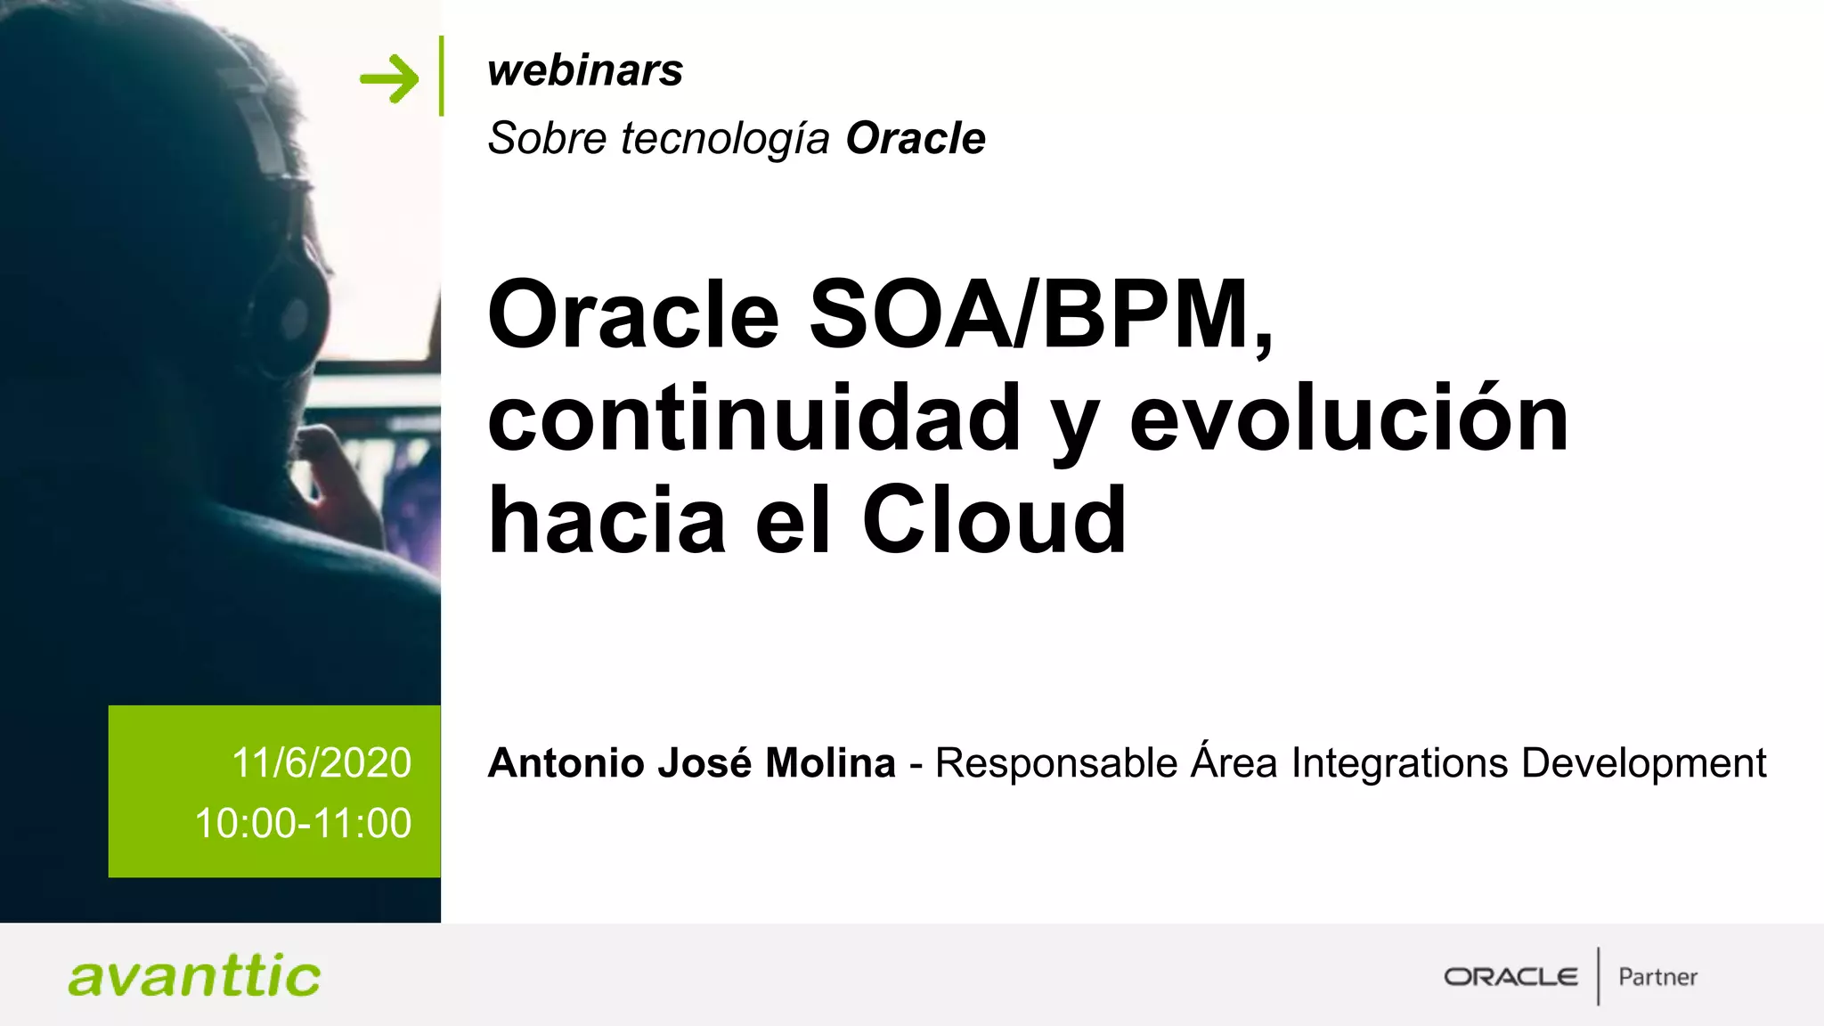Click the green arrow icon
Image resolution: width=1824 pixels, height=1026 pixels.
[389, 78]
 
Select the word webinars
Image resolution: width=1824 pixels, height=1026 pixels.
[585, 70]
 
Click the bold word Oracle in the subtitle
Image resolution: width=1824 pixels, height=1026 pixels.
[916, 139]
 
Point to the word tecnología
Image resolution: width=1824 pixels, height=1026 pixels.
[725, 139]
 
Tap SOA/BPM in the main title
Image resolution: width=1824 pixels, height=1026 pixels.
[1041, 314]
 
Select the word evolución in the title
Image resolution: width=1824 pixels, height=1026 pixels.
[1348, 418]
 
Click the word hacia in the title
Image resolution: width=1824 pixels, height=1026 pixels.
[607, 520]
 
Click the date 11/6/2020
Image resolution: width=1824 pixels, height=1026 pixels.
[322, 763]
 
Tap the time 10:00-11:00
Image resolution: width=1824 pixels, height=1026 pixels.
[303, 823]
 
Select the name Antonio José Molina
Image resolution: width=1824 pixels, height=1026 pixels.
[691, 763]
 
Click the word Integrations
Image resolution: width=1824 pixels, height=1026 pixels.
[1399, 763]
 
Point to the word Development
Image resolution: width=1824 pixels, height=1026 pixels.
[1643, 763]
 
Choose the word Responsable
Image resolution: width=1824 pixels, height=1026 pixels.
[1056, 763]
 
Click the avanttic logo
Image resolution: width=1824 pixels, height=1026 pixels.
[194, 976]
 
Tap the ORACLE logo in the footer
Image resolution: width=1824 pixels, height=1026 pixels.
[1510, 977]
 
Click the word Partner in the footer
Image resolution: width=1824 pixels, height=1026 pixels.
[1657, 977]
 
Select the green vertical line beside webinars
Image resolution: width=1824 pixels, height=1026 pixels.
[442, 76]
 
